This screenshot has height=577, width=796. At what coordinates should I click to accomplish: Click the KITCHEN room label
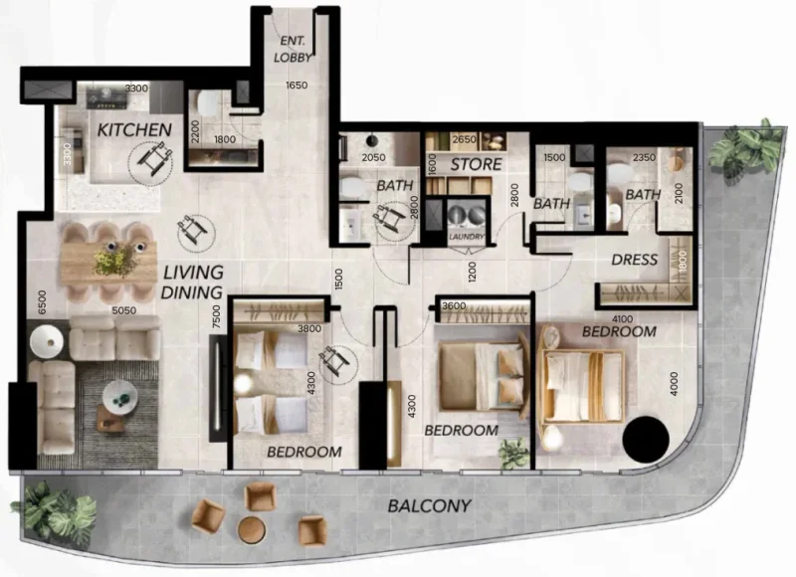[x=134, y=130]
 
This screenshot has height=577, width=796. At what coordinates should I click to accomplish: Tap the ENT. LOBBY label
[x=293, y=49]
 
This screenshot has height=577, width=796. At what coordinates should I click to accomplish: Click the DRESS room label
[x=635, y=260]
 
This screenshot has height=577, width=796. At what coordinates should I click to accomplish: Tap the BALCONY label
[x=429, y=505]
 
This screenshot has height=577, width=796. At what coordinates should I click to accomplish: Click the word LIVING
[x=193, y=273]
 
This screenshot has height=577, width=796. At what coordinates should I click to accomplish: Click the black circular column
[x=644, y=435]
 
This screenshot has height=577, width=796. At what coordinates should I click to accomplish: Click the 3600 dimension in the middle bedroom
[x=454, y=306]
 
